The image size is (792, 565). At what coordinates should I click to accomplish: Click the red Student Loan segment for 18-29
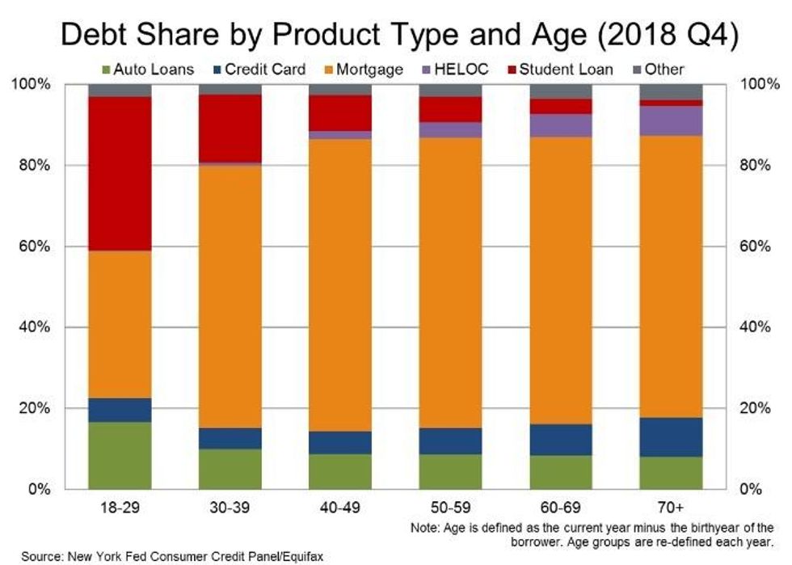click(120, 174)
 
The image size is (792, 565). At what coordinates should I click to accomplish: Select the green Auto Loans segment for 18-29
click(120, 455)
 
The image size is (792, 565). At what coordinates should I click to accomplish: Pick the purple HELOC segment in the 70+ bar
click(671, 120)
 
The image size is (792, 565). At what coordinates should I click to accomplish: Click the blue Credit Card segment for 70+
click(671, 437)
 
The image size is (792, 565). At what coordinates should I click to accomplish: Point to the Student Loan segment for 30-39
click(230, 129)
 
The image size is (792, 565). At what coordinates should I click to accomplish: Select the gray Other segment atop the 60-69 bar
click(561, 91)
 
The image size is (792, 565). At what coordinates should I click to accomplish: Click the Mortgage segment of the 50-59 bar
click(450, 283)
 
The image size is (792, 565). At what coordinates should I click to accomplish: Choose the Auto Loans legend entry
click(148, 70)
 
